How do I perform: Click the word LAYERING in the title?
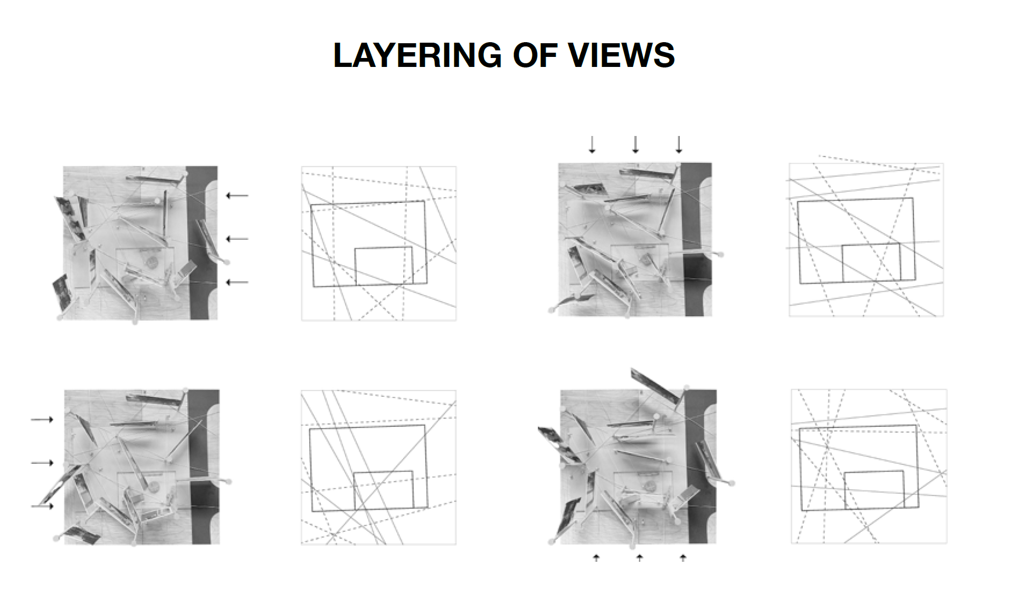point(417,55)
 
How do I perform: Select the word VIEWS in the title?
point(621,55)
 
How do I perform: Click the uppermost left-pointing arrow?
point(237,196)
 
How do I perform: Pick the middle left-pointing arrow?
point(237,239)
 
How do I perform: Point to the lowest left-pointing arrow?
point(237,283)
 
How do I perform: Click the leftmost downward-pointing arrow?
point(592,144)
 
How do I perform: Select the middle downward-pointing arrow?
point(635,144)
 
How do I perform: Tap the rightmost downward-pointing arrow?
point(679,144)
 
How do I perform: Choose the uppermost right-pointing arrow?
point(42,420)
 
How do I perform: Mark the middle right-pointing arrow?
point(42,463)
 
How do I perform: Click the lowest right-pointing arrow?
point(42,506)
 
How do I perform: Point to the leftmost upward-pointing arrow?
point(596,558)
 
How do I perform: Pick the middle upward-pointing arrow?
point(640,558)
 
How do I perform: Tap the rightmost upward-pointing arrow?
point(683,558)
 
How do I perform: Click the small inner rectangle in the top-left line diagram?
point(383,266)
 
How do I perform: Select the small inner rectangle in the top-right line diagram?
point(871,262)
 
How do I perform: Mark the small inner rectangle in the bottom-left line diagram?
point(383,490)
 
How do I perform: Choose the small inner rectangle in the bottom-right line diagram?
point(874,490)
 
